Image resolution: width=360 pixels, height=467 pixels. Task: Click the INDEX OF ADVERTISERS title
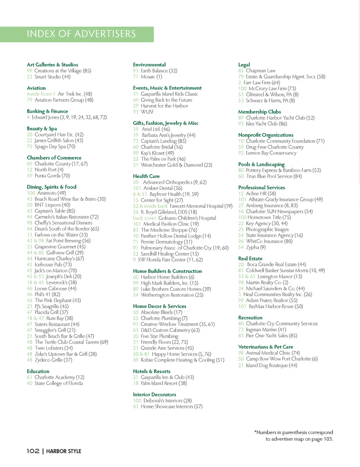pos(81,34)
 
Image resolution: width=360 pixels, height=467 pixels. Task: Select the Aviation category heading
pos(36,88)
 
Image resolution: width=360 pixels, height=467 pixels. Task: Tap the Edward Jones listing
pos(69,117)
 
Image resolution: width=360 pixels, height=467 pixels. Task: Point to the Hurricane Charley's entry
pos(59,258)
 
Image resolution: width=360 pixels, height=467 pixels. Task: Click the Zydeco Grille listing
pos(53,360)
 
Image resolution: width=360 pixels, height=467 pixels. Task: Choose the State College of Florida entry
pos(58,383)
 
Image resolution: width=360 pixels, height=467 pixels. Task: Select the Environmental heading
pos(149,65)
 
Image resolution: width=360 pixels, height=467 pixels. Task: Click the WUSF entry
pos(147,112)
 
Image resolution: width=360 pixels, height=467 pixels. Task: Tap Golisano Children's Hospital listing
pos(187,218)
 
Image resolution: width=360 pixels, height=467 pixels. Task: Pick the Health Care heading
pos(146,176)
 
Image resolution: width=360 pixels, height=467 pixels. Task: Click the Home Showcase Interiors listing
pos(172,406)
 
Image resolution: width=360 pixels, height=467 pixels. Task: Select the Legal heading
pos(244,65)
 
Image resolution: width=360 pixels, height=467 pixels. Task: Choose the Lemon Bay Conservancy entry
pos(271,153)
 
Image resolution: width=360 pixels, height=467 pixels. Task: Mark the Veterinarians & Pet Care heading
pos(265,347)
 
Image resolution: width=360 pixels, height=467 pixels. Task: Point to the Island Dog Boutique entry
pos(271,365)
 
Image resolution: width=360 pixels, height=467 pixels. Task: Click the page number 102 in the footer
pos(33,451)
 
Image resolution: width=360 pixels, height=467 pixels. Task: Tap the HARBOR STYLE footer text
pos(64,451)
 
